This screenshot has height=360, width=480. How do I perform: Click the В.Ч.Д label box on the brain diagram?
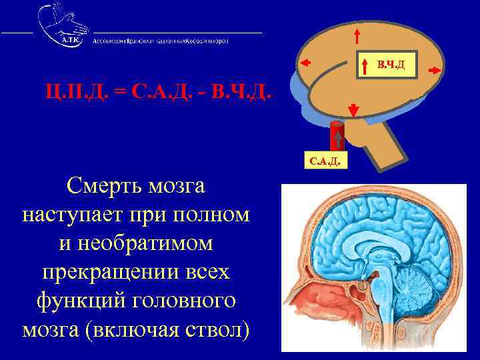(x=389, y=64)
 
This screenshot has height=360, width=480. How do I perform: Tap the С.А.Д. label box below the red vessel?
(x=325, y=161)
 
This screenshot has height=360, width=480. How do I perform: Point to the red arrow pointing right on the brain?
(x=433, y=69)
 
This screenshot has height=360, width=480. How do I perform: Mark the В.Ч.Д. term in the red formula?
(x=240, y=89)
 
